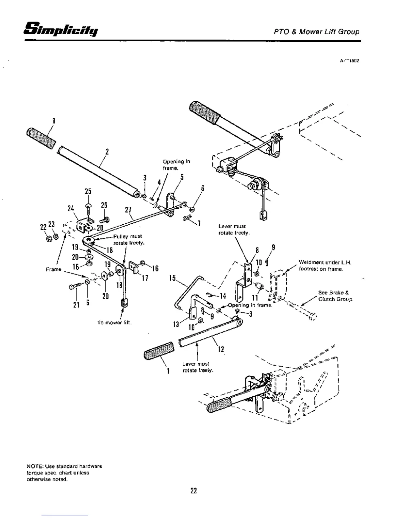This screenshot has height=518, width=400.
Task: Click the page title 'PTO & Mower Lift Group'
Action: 316,32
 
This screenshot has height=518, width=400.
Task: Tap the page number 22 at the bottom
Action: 193,491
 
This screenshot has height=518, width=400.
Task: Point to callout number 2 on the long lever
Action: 107,151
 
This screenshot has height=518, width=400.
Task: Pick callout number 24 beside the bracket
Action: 71,208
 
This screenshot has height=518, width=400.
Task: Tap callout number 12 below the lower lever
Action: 221,349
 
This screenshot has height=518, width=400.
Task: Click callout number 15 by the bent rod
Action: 173,278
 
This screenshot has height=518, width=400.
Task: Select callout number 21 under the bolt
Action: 76,304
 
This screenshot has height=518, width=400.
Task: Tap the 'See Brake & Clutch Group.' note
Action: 335,296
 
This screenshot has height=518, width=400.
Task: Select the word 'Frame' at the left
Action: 54,269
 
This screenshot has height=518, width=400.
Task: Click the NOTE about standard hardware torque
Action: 64,473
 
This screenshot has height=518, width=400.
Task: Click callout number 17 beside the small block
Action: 145,278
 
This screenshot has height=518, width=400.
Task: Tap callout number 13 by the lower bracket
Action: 176,324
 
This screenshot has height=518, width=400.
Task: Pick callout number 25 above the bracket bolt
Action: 88,191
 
